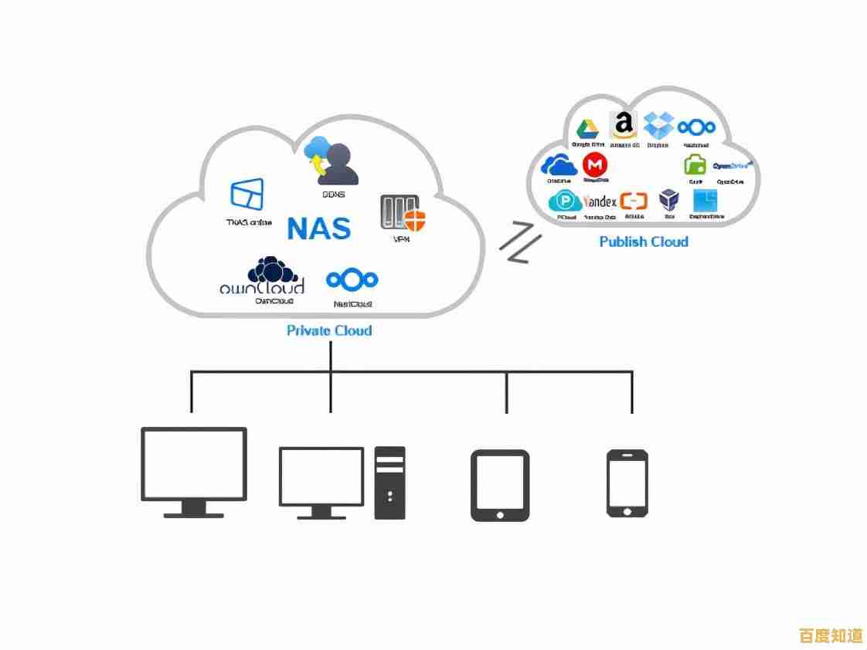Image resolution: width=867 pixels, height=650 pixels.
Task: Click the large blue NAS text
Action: pyautogui.click(x=318, y=228)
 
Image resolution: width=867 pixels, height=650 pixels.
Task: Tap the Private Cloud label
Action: pyautogui.click(x=329, y=330)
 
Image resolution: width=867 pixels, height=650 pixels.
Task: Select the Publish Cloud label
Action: pyautogui.click(x=644, y=242)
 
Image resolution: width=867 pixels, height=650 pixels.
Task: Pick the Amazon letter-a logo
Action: pyautogui.click(x=624, y=126)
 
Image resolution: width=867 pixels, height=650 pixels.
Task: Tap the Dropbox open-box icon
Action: pyautogui.click(x=659, y=126)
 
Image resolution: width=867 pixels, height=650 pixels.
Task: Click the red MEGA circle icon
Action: pyautogui.click(x=595, y=164)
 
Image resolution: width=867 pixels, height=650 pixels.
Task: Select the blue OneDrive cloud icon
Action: pyautogui.click(x=559, y=165)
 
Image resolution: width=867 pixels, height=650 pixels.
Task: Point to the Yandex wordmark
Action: pyautogui.click(x=600, y=201)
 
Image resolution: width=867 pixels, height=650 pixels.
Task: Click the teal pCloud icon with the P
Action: pyautogui.click(x=566, y=201)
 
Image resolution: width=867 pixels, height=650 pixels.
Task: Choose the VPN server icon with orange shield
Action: pyautogui.click(x=403, y=213)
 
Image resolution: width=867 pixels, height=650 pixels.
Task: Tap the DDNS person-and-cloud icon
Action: pyautogui.click(x=331, y=161)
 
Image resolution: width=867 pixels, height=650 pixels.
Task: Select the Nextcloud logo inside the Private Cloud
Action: pyautogui.click(x=352, y=279)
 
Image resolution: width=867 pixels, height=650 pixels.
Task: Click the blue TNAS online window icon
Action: pyautogui.click(x=247, y=195)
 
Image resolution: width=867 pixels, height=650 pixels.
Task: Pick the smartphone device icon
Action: pyautogui.click(x=627, y=483)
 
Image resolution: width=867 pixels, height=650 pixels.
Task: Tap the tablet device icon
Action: pyautogui.click(x=500, y=485)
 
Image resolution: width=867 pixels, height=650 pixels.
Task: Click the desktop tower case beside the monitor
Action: pyautogui.click(x=389, y=482)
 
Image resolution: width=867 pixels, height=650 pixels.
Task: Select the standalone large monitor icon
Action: pyautogui.click(x=194, y=472)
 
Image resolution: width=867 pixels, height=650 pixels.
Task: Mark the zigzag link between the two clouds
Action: pyautogui.click(x=519, y=242)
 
